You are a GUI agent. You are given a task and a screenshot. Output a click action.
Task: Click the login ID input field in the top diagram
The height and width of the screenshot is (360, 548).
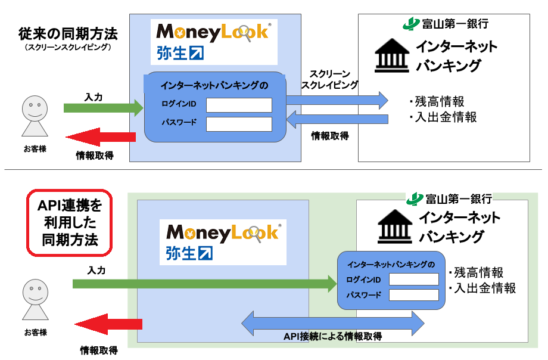click(239, 105)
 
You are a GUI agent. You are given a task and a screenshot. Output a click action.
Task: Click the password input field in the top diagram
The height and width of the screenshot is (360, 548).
click(239, 124)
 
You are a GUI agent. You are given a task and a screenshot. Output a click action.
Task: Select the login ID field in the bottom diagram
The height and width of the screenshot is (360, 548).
click(413, 280)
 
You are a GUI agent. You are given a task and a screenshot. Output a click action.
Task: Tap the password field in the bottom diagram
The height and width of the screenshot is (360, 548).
click(413, 294)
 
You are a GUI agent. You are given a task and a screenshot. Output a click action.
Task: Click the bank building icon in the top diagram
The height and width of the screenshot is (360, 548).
click(387, 56)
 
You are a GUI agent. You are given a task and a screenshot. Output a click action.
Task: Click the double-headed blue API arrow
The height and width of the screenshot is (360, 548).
click(332, 322)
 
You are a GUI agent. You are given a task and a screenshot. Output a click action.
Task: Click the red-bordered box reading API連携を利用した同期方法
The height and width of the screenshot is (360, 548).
click(70, 223)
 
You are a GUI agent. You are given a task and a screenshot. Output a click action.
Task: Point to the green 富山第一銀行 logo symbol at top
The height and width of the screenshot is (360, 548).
click(410, 24)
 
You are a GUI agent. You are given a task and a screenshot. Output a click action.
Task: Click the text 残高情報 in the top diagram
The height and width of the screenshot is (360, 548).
click(440, 101)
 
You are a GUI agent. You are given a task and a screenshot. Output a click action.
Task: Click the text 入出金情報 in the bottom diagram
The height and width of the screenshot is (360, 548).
click(485, 288)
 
